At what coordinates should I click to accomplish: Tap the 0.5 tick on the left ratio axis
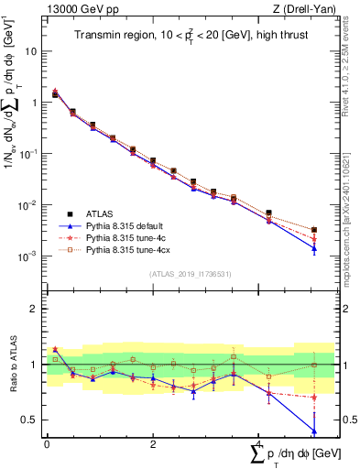31,420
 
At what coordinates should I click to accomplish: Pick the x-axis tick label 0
47,443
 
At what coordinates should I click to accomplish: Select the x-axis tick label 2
153,443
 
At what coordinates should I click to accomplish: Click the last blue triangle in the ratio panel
314,431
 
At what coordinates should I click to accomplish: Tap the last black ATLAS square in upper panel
314,230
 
